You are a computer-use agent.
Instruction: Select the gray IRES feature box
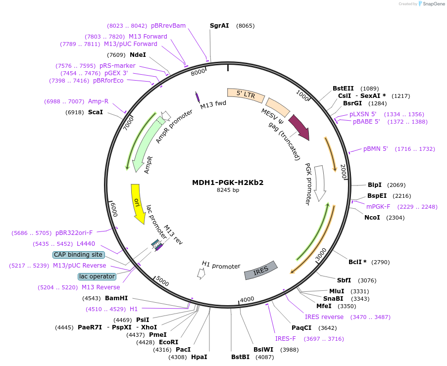point(260,271)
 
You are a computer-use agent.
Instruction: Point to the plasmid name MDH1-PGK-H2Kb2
point(228,182)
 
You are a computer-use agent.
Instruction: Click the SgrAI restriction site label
point(219,25)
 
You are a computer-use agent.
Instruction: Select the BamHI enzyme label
point(116,298)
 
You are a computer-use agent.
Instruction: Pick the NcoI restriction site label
point(372,217)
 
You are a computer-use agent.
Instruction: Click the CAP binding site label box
point(79,255)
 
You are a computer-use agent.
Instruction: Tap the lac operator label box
point(97,276)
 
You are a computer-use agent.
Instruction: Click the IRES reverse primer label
point(324,317)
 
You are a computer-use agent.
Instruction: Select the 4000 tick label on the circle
point(247,299)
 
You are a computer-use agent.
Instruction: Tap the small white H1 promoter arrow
point(200,274)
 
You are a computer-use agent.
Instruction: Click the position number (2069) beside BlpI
point(396,185)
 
